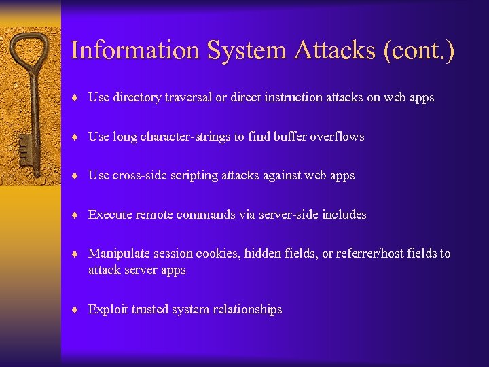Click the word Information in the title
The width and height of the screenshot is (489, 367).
tap(134, 51)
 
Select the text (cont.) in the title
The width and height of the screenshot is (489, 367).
tap(418, 51)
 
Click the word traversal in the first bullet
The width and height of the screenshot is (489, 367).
tap(185, 97)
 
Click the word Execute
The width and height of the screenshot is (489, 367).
tap(110, 215)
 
